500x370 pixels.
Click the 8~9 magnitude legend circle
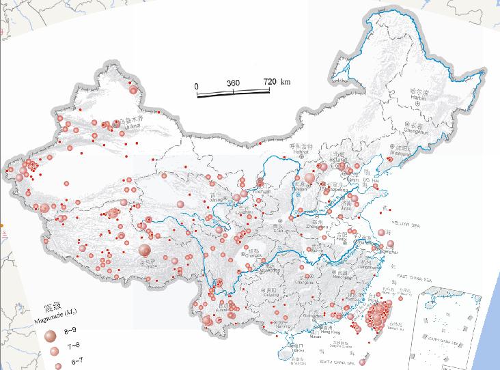50,336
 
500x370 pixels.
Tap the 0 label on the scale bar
197,86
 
